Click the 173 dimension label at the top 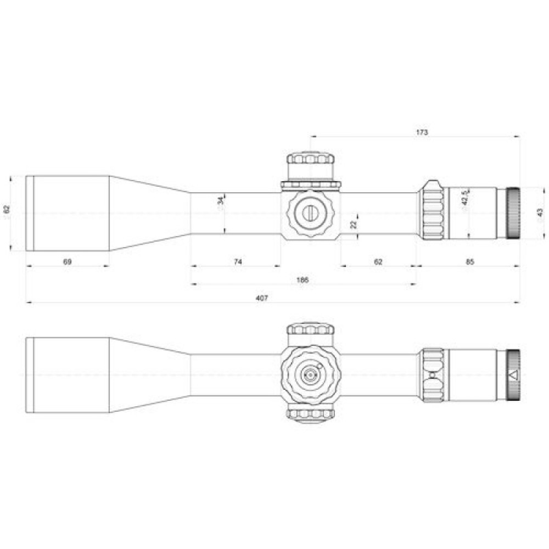coord(422,133)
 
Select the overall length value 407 coord(261,298)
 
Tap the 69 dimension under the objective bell coord(67,262)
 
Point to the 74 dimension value coord(237,262)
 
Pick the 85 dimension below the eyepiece coord(469,262)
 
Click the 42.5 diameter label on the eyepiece coord(465,198)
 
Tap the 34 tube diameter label coord(220,201)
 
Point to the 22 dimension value coord(354,224)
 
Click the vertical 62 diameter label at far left coord(7,210)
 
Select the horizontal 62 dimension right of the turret coord(378,262)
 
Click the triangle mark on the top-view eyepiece coord(513,376)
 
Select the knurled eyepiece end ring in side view coord(513,213)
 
